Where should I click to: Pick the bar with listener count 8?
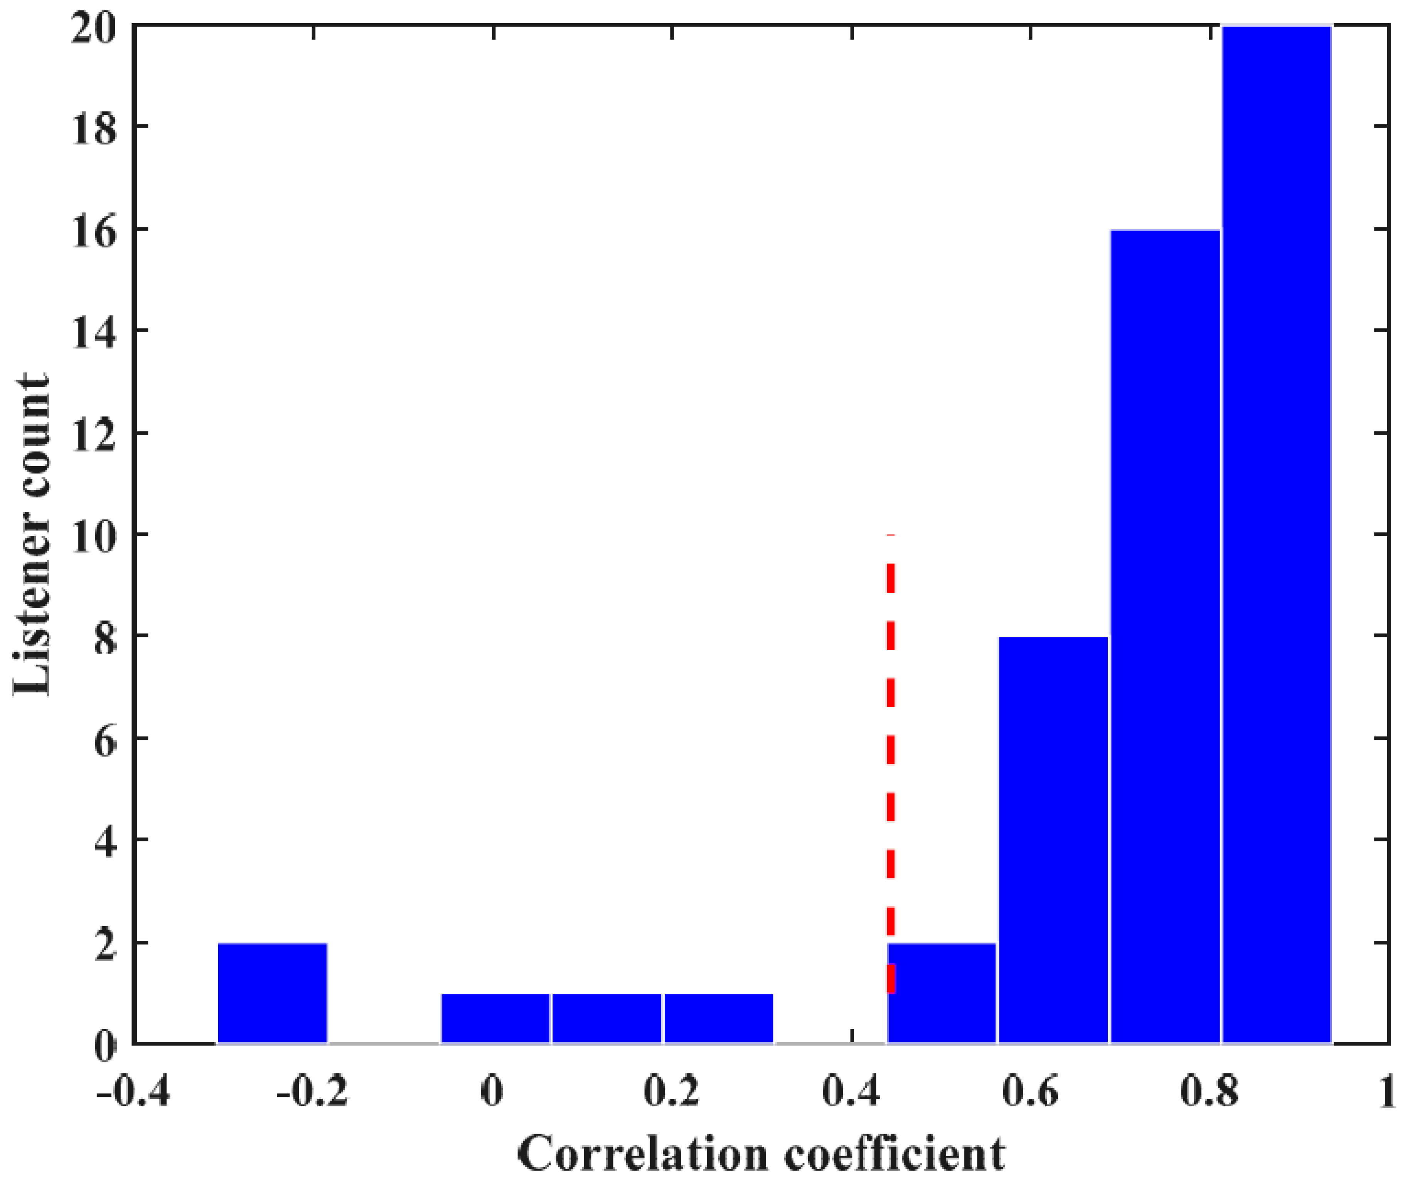[1053, 839]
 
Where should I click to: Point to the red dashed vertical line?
[890, 738]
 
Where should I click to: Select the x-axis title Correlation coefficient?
[761, 1153]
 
